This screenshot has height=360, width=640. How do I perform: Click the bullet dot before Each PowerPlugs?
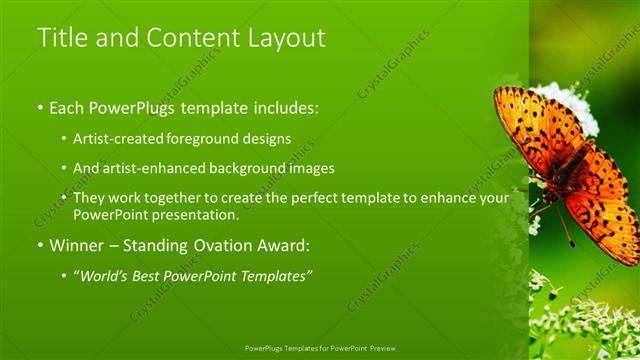(40, 106)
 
